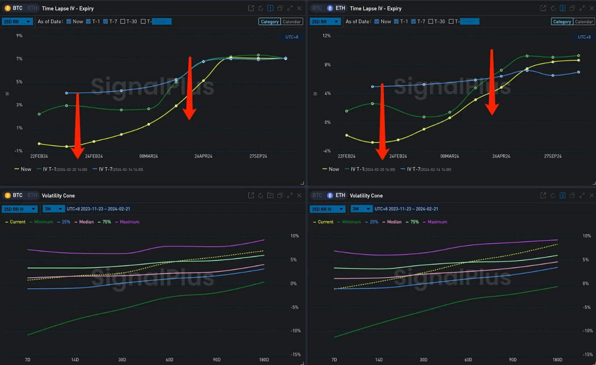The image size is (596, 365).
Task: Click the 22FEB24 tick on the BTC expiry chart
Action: click(x=39, y=156)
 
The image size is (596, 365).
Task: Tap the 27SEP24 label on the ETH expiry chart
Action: click(x=553, y=156)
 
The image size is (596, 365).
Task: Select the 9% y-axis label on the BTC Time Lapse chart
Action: click(x=19, y=36)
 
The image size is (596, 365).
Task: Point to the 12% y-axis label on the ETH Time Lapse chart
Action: click(x=326, y=36)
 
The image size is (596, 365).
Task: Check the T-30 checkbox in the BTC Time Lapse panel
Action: click(x=123, y=21)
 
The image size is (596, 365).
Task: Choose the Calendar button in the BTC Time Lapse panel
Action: click(x=292, y=21)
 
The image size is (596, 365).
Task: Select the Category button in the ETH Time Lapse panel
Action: click(x=562, y=21)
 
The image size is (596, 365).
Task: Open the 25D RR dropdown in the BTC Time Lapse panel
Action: click(x=17, y=21)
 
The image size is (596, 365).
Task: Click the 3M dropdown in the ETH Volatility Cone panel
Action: click(x=361, y=209)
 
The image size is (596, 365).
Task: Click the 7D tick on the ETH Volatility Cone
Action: click(x=334, y=360)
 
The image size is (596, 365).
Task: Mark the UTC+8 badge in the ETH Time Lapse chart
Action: click(x=584, y=37)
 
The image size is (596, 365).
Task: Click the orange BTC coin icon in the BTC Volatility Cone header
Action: click(x=7, y=196)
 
